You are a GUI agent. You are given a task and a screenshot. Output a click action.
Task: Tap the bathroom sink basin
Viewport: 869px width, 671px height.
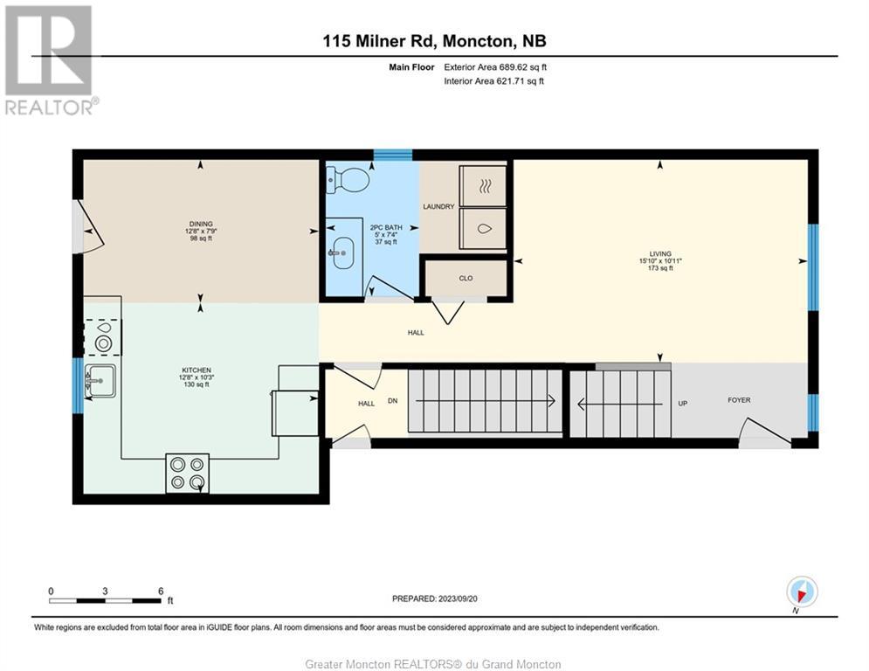pyautogui.click(x=343, y=252)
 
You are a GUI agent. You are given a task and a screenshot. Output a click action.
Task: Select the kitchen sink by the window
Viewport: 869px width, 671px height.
pyautogui.click(x=100, y=380)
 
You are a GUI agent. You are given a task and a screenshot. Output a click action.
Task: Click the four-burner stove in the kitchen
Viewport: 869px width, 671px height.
pyautogui.click(x=187, y=473)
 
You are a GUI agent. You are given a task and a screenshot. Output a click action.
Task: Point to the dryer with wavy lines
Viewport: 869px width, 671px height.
pyautogui.click(x=483, y=186)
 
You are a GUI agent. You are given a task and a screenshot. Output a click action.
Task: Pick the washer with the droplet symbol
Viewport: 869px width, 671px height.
pyautogui.click(x=483, y=229)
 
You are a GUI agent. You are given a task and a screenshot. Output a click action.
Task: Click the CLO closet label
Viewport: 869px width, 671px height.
pyautogui.click(x=466, y=279)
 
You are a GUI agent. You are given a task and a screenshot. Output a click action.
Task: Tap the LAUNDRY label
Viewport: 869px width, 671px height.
pyautogui.click(x=438, y=206)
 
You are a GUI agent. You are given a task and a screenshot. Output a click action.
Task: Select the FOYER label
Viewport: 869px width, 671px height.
pyautogui.click(x=739, y=400)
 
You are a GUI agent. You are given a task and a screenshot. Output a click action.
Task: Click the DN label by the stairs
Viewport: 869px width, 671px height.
pyautogui.click(x=392, y=400)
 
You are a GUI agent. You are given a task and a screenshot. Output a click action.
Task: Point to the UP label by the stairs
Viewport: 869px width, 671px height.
pyautogui.click(x=683, y=403)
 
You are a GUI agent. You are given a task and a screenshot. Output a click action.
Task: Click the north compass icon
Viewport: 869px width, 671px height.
pyautogui.click(x=802, y=591)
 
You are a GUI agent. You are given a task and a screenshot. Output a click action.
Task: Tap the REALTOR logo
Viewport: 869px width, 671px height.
pyautogui.click(x=49, y=60)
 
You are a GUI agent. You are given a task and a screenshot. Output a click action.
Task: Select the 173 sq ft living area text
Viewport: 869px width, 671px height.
pyautogui.click(x=660, y=268)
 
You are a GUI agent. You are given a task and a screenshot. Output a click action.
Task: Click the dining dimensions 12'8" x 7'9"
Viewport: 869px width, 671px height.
pyautogui.click(x=201, y=232)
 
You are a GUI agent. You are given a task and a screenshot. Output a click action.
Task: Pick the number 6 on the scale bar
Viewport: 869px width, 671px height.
pyautogui.click(x=161, y=591)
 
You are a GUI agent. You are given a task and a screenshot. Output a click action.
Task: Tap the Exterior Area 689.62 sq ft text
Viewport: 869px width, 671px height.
pyautogui.click(x=495, y=67)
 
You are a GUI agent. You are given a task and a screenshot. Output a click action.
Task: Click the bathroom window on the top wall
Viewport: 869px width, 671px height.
pyautogui.click(x=392, y=155)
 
